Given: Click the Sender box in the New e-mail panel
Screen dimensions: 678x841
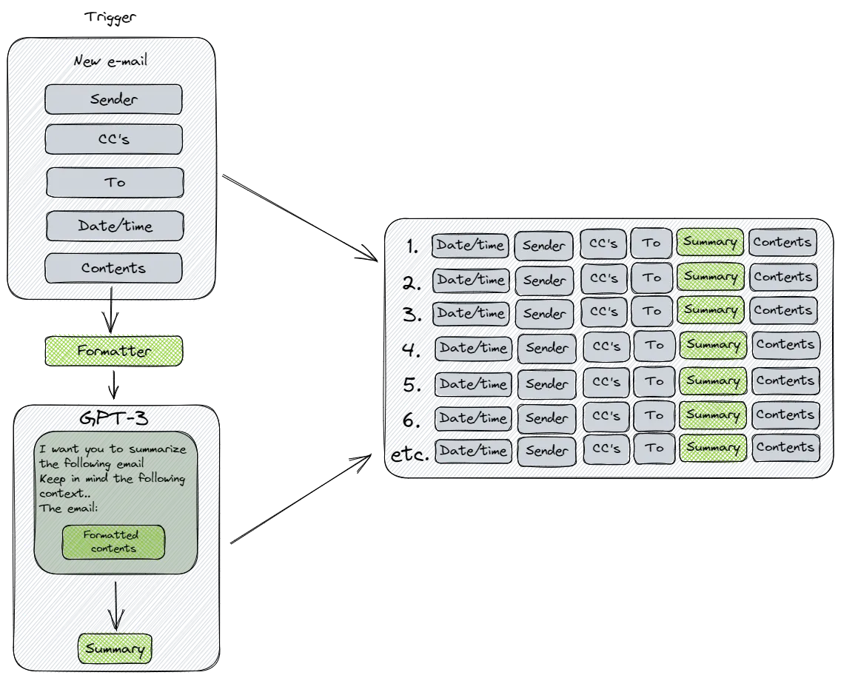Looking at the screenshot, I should tap(113, 99).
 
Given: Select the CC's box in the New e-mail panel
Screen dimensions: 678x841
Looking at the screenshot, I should tap(113, 139).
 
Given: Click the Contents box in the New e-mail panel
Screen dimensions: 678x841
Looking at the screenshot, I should tap(113, 268).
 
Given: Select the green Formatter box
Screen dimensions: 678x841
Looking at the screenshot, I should tap(113, 351).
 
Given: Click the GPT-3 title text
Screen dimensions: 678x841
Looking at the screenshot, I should tap(114, 419).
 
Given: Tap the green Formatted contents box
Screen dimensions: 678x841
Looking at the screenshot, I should tap(113, 542).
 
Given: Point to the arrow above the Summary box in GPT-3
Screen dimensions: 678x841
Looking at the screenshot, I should tap(115, 605).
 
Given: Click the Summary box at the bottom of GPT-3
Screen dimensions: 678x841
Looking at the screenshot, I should tap(115, 649).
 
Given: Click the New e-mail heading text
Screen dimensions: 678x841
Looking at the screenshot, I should tap(111, 61).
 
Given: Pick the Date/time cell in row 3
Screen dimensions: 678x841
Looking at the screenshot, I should tap(471, 313).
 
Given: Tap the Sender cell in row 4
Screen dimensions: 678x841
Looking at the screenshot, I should tap(547, 348).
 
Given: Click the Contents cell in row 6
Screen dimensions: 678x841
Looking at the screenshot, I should tap(785, 415).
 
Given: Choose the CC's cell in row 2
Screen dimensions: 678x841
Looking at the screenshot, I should tap(603, 279).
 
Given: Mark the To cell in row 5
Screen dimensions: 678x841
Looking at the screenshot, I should tap(654, 382).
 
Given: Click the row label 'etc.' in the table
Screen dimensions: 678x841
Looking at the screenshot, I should tap(409, 454).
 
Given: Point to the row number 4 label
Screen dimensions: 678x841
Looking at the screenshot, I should tap(412, 349).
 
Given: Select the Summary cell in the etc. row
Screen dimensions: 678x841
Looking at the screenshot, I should tap(712, 448).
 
